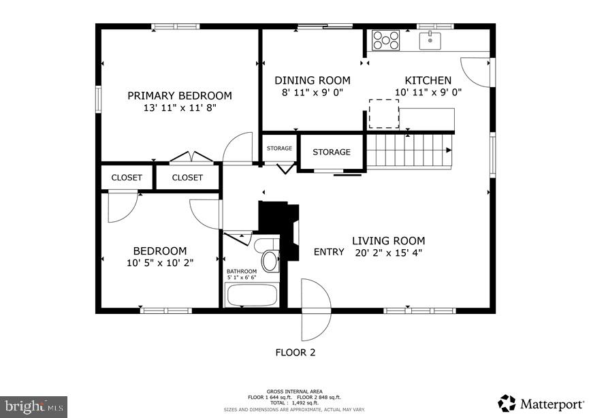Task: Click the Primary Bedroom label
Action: tap(179, 96)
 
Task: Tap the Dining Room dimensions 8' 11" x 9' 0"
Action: tap(312, 93)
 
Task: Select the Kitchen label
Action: tap(428, 80)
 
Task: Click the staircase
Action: tap(409, 150)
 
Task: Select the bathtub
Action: tap(251, 295)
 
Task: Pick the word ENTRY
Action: tap(329, 252)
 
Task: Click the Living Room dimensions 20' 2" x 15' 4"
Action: tap(388, 253)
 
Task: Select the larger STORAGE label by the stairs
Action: tap(332, 152)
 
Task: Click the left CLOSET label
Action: tap(127, 178)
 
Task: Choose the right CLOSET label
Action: tap(187, 178)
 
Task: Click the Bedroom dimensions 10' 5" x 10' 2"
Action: tap(160, 263)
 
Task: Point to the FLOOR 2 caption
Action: tap(295, 353)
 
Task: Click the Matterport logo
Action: tap(539, 403)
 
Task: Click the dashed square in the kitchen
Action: tap(384, 114)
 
